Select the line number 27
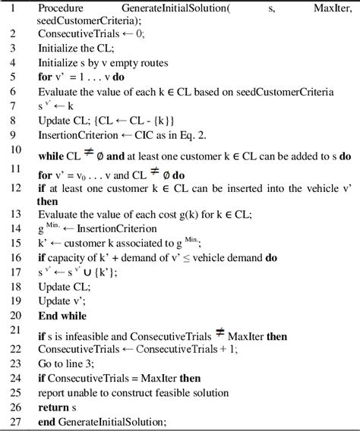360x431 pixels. [x=14, y=423]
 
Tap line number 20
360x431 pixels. [x=14, y=315]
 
